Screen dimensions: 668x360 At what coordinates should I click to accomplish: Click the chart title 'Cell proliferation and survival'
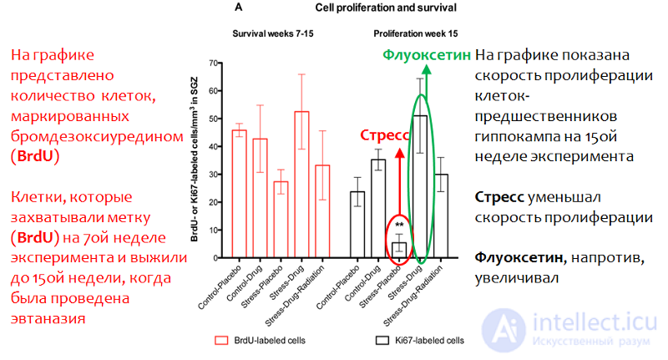[386, 8]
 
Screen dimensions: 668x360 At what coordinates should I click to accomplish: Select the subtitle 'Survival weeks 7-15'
[273, 33]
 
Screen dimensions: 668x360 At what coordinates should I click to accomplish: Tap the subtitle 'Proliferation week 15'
[415, 33]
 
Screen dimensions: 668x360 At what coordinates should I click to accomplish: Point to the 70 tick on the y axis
[214, 63]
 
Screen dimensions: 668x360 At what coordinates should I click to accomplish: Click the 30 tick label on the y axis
[214, 175]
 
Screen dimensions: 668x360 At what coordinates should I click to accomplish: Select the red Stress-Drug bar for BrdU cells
[301, 185]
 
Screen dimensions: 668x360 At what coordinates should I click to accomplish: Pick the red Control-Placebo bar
[240, 195]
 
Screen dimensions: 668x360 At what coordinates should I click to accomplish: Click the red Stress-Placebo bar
[281, 220]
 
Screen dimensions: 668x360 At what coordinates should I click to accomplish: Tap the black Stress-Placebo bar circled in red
[399, 251]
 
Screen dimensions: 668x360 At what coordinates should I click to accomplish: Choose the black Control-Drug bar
[378, 209]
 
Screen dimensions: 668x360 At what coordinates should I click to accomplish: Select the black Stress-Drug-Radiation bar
[441, 216]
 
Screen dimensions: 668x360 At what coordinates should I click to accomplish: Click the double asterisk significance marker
[399, 225]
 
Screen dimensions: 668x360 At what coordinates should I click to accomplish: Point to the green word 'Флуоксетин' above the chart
[427, 55]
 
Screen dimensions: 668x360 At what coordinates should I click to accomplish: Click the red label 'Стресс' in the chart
[384, 135]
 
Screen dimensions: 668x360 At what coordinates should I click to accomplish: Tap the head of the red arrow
[400, 153]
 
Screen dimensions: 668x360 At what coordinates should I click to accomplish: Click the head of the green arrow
[427, 69]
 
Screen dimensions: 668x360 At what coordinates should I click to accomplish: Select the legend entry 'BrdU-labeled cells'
[261, 341]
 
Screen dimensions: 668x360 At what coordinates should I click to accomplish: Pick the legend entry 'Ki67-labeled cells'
[420, 341]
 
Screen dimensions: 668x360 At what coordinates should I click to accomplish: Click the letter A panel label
[239, 8]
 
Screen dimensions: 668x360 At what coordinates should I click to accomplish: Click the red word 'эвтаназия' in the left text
[48, 319]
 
